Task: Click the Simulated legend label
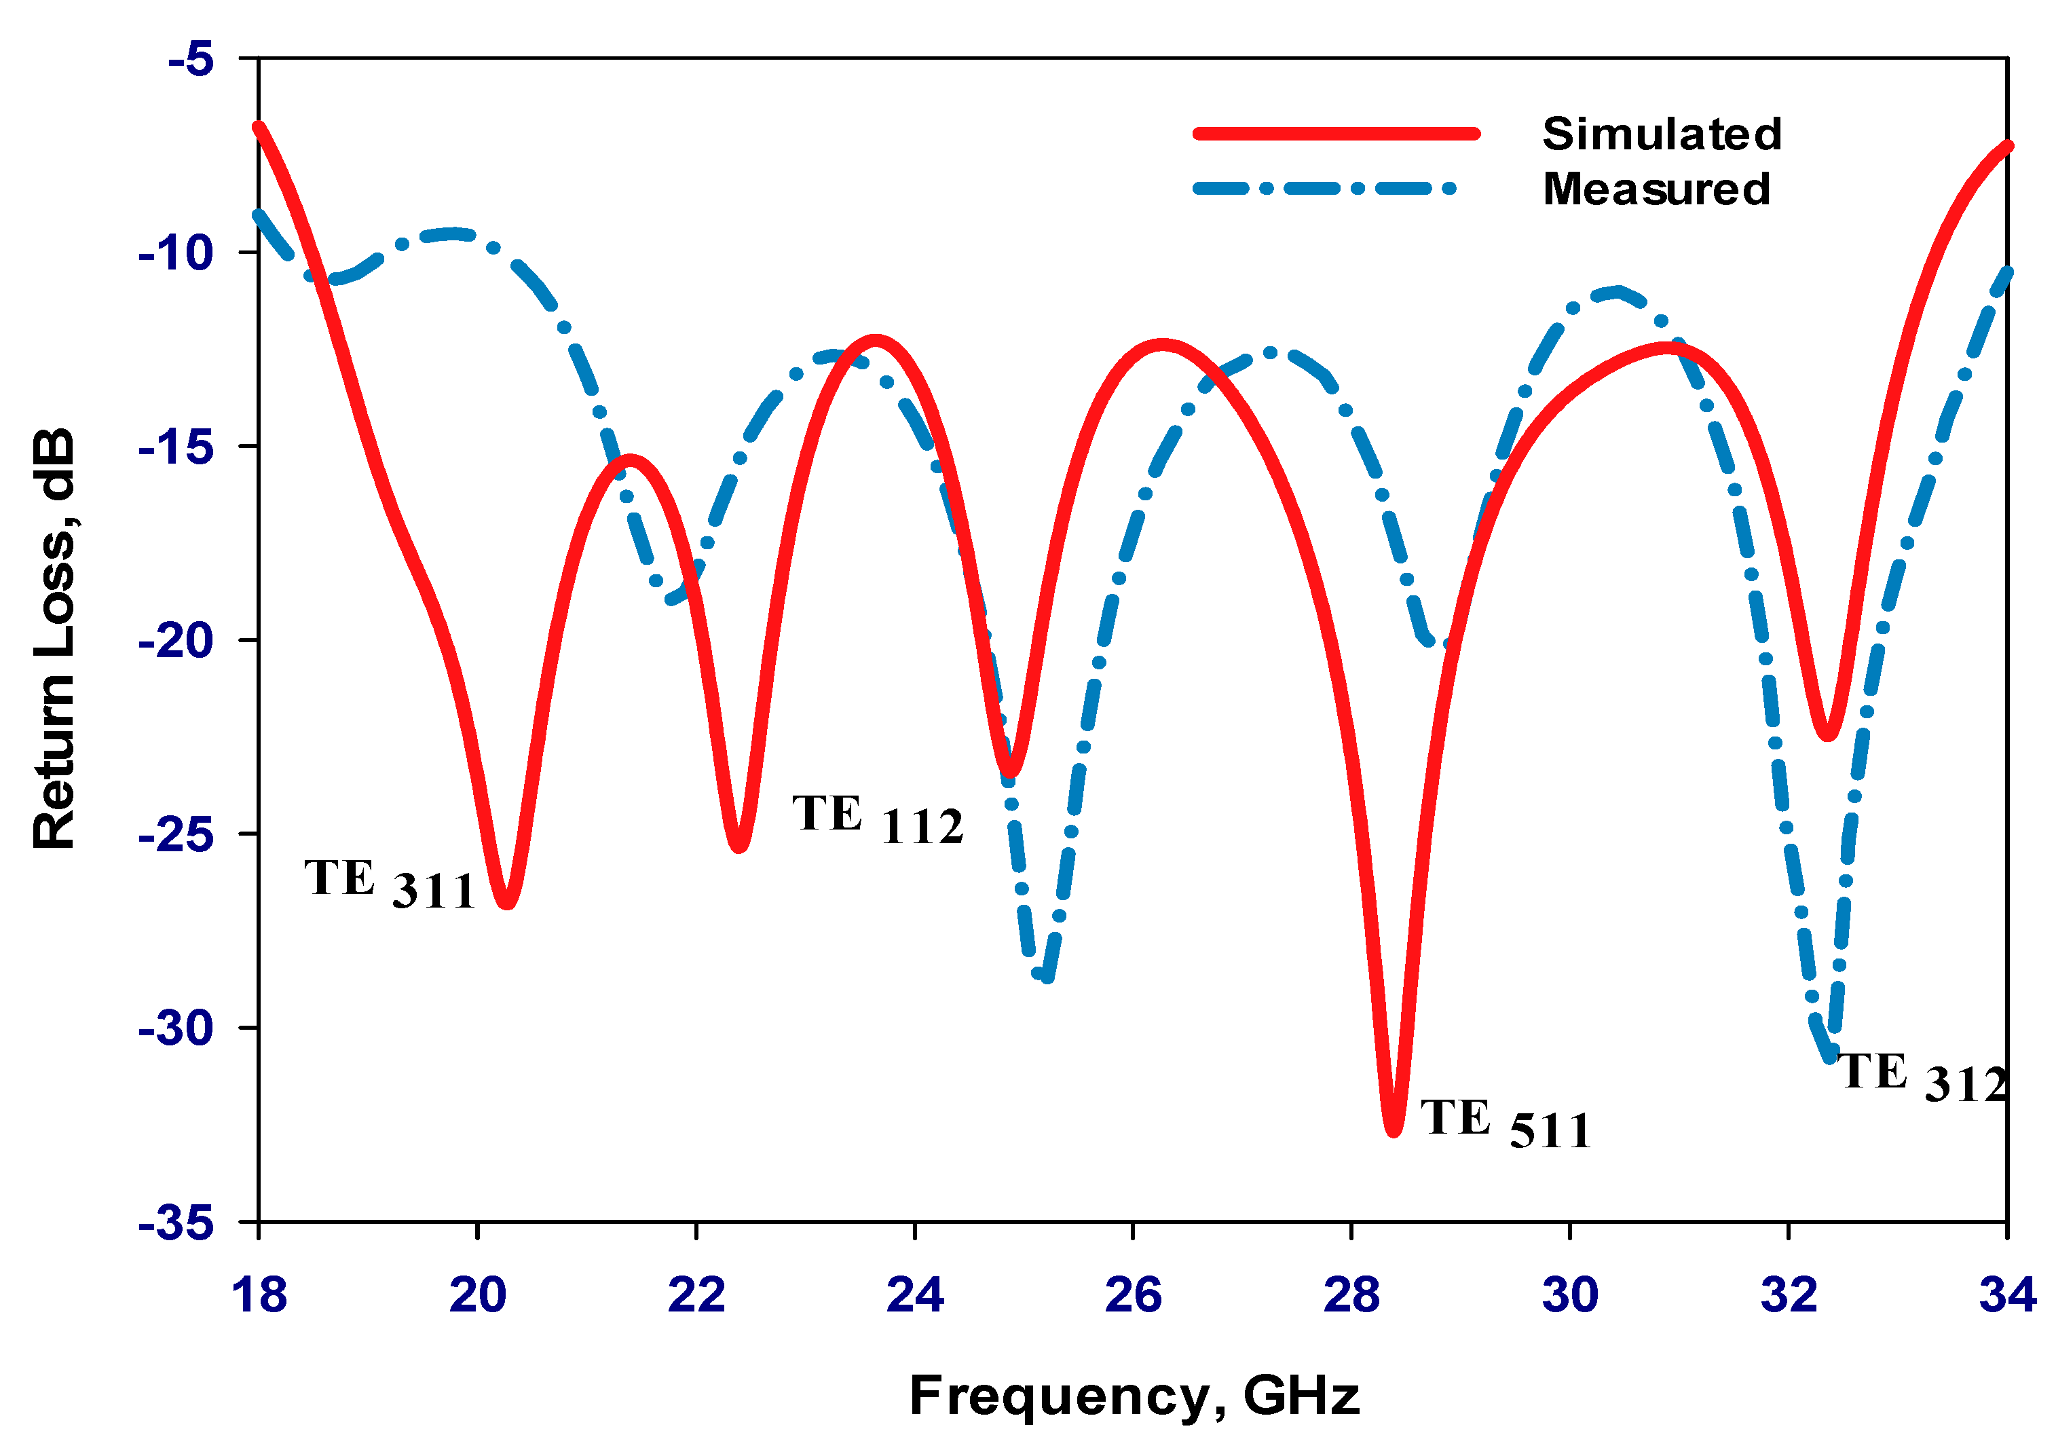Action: (1661, 134)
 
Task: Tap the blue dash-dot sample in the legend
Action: (1325, 189)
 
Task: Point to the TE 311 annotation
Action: (390, 883)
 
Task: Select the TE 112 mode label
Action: (878, 819)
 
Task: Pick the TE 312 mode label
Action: (1922, 1077)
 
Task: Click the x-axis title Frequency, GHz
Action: (1134, 1396)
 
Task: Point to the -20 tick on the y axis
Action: (176, 639)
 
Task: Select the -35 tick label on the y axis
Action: (176, 1222)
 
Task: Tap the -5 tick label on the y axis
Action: (191, 59)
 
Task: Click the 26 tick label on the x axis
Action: (1133, 1295)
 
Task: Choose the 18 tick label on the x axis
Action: (259, 1295)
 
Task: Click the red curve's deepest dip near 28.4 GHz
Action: (1394, 1130)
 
